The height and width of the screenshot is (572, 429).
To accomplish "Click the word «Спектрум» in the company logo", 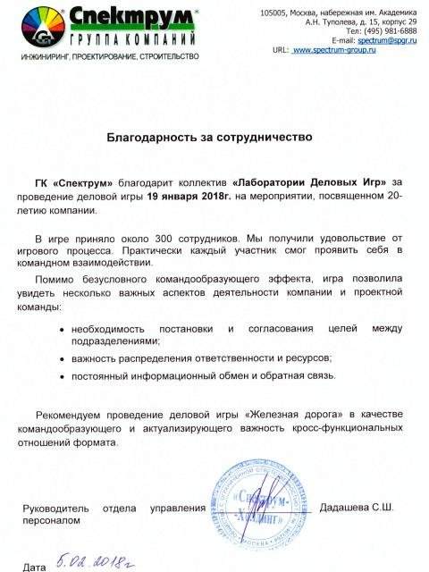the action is (114, 18).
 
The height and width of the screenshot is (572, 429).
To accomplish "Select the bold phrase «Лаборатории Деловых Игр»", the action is (315, 182).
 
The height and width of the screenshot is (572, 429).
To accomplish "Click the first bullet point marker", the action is (60, 331).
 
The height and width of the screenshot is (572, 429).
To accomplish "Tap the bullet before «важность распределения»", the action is (60, 358).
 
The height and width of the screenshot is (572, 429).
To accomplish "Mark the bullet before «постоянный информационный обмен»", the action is (60, 379).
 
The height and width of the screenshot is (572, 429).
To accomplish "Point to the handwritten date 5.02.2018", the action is (97, 560).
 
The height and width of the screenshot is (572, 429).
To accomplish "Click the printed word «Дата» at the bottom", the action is (34, 567).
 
